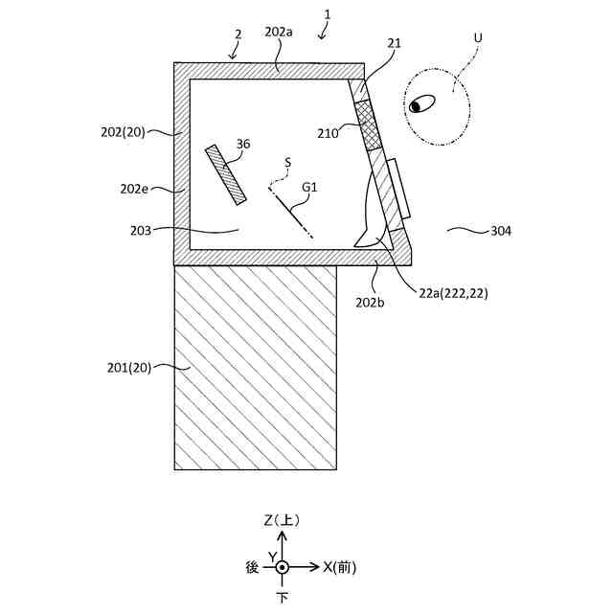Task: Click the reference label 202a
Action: (x=279, y=32)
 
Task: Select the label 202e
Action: (x=134, y=189)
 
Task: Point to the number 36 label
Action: (x=243, y=145)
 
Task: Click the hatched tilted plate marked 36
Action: (x=225, y=173)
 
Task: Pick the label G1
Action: (x=309, y=188)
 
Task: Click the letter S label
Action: (x=287, y=164)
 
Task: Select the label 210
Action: (x=329, y=134)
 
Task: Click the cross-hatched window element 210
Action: (x=367, y=125)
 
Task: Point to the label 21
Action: (x=395, y=44)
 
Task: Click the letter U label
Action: (x=478, y=37)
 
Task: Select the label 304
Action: (x=501, y=231)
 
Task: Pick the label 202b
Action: (x=370, y=302)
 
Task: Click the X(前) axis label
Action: (x=339, y=567)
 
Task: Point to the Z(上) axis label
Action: (x=282, y=520)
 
